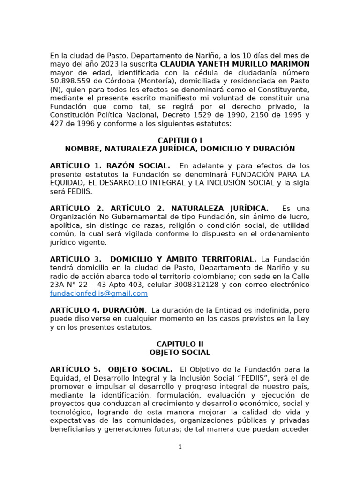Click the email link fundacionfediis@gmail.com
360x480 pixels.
[x=99, y=293]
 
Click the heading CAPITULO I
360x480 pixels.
[x=180, y=140]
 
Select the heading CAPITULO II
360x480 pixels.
[x=180, y=344]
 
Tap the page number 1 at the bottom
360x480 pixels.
[x=180, y=447]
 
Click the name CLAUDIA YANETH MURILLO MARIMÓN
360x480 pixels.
[x=234, y=64]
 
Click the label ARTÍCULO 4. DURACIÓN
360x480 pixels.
[x=97, y=310]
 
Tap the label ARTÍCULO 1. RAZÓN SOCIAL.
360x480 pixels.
[x=110, y=165]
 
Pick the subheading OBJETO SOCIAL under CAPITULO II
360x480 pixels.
[x=180, y=352]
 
